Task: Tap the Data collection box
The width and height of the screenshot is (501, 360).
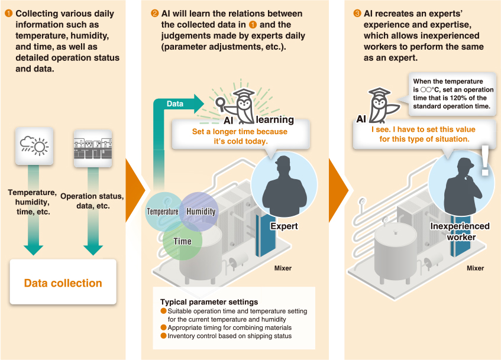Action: pos(63,283)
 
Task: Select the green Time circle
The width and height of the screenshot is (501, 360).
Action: pos(182,241)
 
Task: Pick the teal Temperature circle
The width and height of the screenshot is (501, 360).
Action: pos(163,212)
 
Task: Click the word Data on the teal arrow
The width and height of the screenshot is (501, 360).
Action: pos(175,104)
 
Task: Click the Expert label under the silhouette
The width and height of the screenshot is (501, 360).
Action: pos(284,226)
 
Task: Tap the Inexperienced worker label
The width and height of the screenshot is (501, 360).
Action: pos(460,231)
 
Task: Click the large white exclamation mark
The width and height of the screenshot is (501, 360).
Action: pos(485,161)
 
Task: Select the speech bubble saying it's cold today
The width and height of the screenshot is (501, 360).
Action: pos(239,136)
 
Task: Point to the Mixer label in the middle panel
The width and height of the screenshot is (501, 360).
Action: pos(283,268)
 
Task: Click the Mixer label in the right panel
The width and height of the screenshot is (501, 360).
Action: pos(475,268)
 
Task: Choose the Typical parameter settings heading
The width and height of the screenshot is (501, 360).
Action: pos(209,302)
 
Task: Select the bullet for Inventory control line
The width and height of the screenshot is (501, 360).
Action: pos(164,336)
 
